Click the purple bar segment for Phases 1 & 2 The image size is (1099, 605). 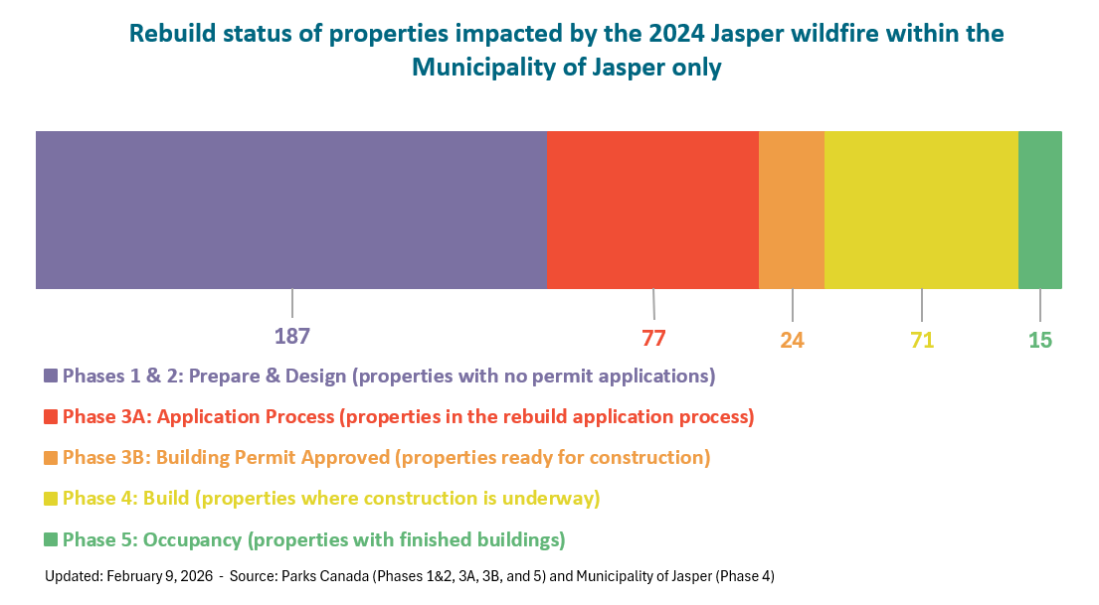(290, 210)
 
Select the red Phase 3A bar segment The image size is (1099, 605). (652, 210)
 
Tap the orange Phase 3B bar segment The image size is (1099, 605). (792, 210)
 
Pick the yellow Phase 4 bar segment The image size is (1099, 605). (921, 210)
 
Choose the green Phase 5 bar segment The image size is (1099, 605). (1039, 210)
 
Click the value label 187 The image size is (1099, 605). (292, 336)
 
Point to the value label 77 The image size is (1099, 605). (653, 338)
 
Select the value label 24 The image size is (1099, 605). (792, 341)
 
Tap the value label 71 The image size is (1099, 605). (922, 341)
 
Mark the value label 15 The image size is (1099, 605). (1039, 341)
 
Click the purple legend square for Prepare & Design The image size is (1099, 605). (51, 377)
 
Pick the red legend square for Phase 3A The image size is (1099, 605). (51, 417)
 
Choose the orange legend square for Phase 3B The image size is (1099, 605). (51, 458)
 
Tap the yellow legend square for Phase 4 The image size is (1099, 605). (51, 499)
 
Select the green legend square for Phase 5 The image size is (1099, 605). (51, 539)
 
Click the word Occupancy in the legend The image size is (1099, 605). (193, 539)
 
